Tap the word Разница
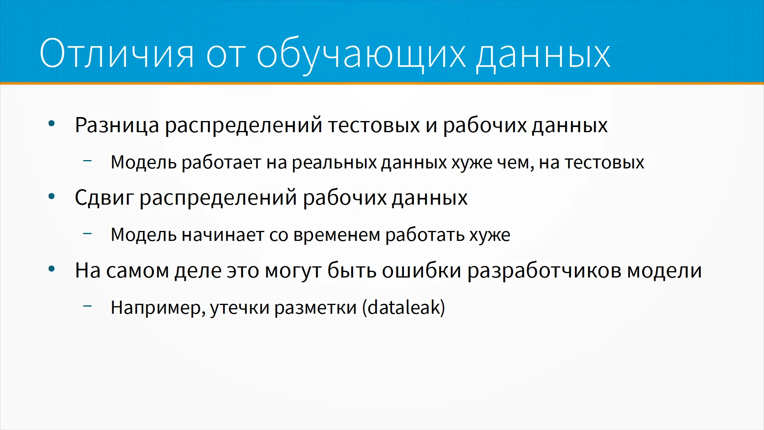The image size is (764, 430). pos(117,125)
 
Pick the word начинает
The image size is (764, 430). pos(223,235)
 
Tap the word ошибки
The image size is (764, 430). pos(421,270)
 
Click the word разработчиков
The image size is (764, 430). pos(544,271)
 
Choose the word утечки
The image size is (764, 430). pos(240,308)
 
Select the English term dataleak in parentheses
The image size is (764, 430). pos(403,307)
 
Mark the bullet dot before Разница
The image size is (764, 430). pos(51,124)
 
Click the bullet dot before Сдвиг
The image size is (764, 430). pos(51,196)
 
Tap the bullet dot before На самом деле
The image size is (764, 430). pos(51,269)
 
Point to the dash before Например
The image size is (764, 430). pos(88,306)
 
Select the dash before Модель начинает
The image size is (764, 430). pos(88,233)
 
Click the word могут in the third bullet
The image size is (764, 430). pos(293,271)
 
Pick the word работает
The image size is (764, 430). pos(222,162)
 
